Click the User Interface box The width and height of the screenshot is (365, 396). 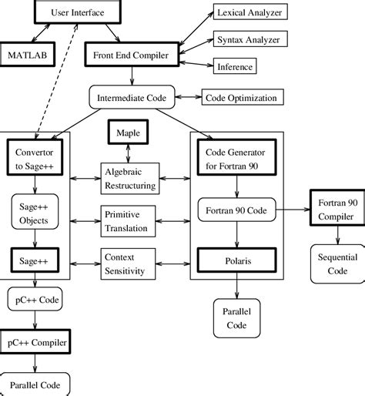tap(78, 12)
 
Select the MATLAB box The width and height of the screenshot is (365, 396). tap(27, 55)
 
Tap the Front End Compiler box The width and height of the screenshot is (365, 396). tap(132, 55)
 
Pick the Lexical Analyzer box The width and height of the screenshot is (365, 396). tap(250, 12)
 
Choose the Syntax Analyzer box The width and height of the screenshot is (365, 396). tap(250, 39)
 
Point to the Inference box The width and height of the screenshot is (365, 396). tap(235, 66)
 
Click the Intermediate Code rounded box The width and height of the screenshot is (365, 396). tap(132, 97)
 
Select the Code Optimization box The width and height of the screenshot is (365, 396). tap(243, 97)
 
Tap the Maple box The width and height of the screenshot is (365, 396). tap(128, 132)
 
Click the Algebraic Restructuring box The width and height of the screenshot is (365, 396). tap(130, 179)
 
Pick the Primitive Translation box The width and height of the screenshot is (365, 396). tap(128, 221)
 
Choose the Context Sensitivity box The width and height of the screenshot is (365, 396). tap(128, 263)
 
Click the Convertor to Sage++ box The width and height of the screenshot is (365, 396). tap(35, 157)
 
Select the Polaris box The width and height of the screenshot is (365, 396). tap(237, 260)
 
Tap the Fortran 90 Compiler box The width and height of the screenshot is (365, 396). tap(338, 208)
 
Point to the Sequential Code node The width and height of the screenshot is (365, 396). tap(338, 263)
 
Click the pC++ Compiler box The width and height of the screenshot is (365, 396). tap(35, 341)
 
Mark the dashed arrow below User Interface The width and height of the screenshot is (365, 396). tap(56, 82)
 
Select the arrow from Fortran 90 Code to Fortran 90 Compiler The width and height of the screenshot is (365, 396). tap(293, 210)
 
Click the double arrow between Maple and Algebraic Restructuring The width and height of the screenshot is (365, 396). tap(128, 153)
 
